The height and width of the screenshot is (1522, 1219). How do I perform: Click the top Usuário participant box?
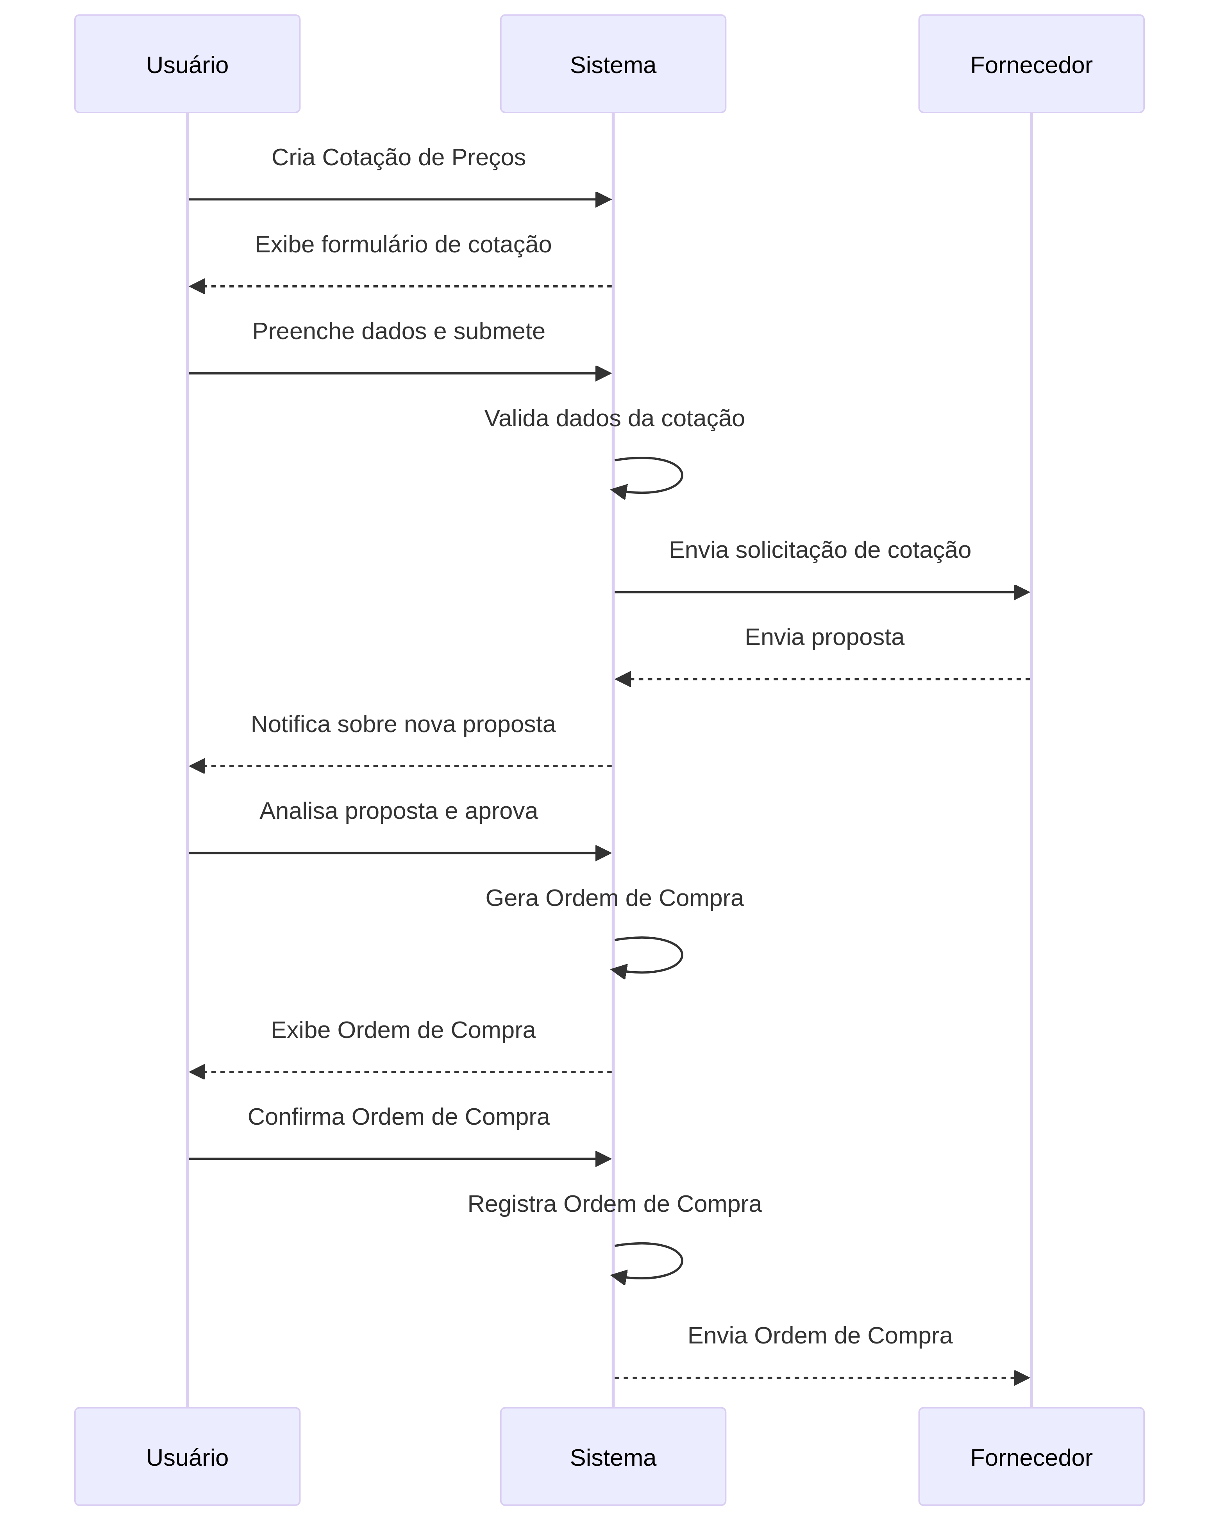187,64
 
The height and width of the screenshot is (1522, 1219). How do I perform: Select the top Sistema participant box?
613,64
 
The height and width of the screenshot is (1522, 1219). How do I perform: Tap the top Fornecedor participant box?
1031,64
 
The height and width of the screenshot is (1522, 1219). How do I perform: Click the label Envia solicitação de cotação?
819,550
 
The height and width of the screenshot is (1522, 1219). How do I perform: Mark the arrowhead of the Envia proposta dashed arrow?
622,679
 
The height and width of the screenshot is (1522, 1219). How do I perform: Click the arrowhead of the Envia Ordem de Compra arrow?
1021,1378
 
